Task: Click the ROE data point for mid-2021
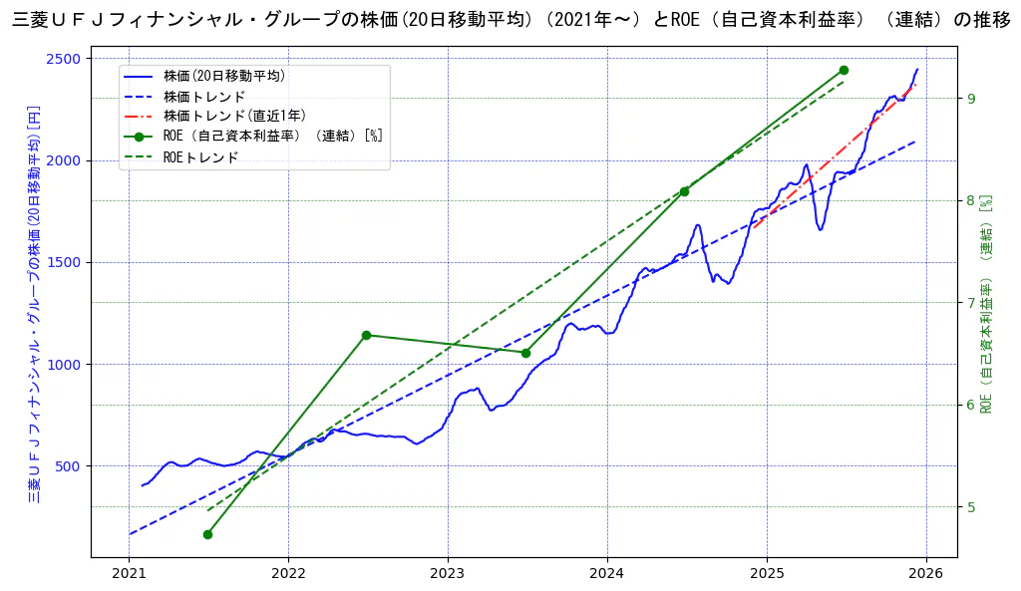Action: (x=207, y=534)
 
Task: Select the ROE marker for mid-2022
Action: (x=366, y=335)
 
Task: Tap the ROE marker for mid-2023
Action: (x=525, y=352)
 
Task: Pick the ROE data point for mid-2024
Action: (x=684, y=191)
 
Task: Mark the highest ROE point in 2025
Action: (x=844, y=70)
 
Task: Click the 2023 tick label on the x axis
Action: (x=448, y=573)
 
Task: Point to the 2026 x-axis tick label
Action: (x=926, y=573)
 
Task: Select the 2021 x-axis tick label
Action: (x=129, y=573)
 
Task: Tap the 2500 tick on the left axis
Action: (x=64, y=59)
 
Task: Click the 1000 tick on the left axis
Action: (x=64, y=365)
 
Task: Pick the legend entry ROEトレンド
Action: (x=201, y=157)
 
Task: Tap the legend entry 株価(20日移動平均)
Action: (x=224, y=76)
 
